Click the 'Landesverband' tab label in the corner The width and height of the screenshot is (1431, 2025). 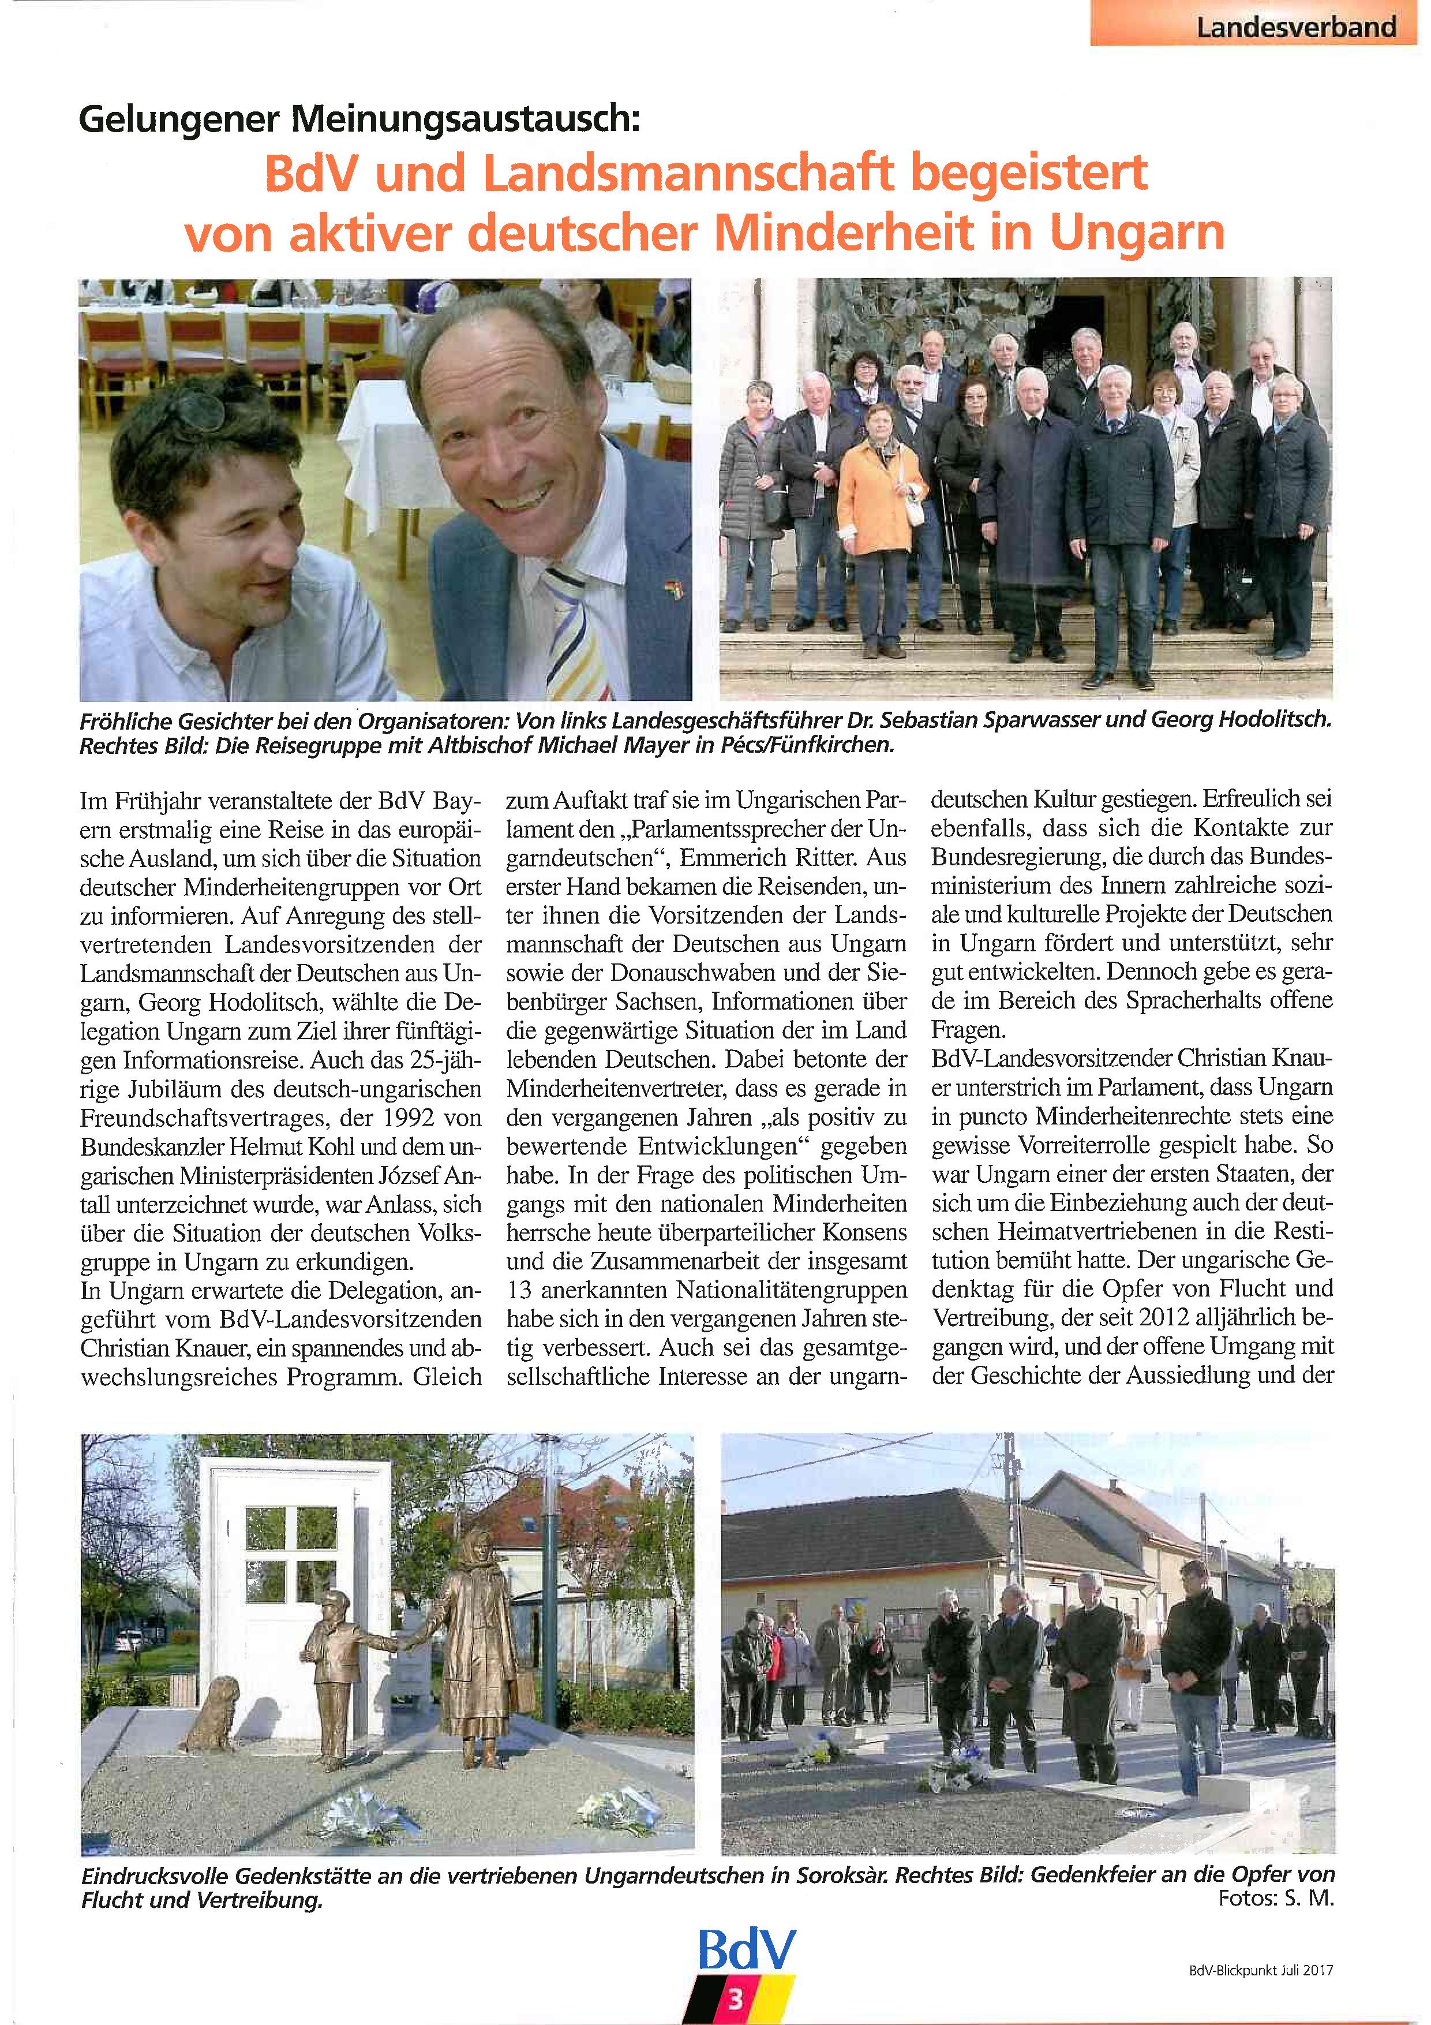(x=1295, y=27)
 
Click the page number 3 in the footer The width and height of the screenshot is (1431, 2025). (x=735, y=2000)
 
